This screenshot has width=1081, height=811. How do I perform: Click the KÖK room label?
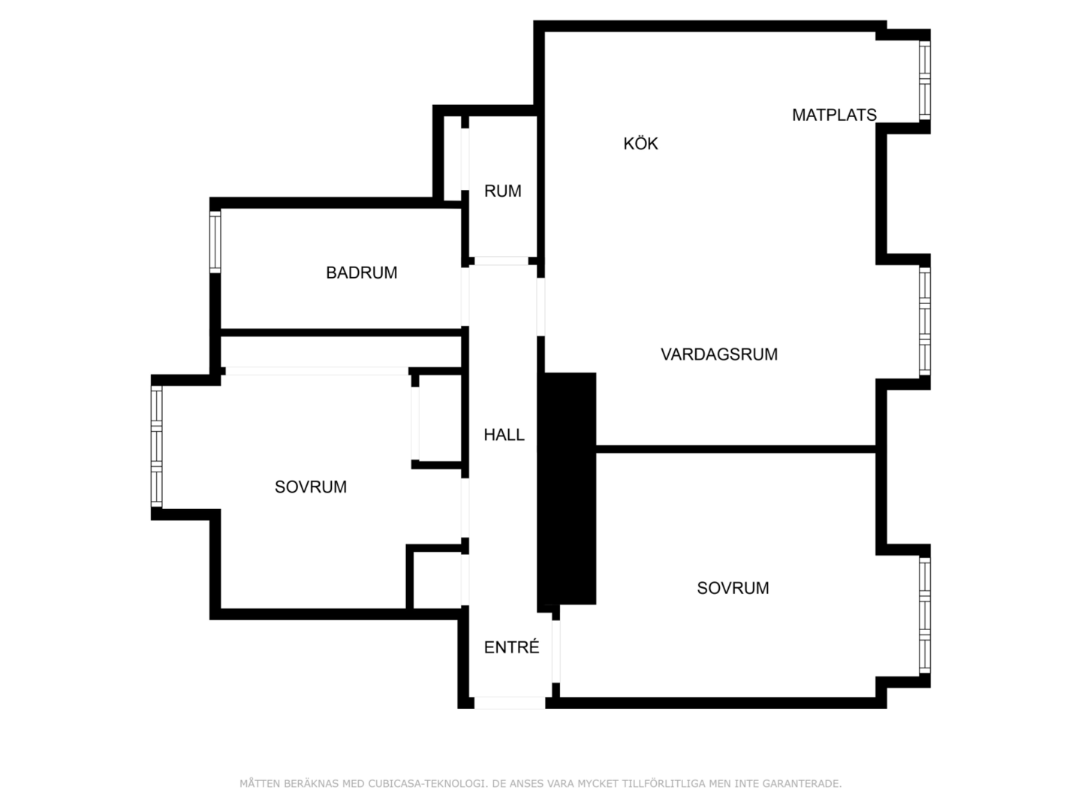click(x=640, y=143)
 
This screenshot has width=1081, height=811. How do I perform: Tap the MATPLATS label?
click(x=834, y=115)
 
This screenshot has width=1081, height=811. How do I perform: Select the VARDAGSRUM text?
click(x=718, y=354)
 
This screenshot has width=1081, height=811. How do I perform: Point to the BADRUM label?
click(x=362, y=273)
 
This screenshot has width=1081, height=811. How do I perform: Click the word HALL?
click(x=504, y=434)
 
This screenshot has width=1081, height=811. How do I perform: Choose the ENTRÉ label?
click(x=511, y=647)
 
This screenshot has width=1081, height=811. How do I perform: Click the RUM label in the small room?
click(x=502, y=191)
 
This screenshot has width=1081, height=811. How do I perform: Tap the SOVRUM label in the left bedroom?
click(x=310, y=487)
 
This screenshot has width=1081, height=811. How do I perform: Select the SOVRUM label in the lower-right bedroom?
click(x=733, y=587)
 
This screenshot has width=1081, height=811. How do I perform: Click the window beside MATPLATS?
click(x=924, y=80)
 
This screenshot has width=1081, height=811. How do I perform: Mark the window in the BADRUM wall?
click(x=215, y=241)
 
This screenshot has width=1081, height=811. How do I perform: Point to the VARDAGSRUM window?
click(x=924, y=321)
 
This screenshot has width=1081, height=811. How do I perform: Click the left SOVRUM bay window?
click(x=156, y=446)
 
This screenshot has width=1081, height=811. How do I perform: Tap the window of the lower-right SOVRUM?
click(x=924, y=615)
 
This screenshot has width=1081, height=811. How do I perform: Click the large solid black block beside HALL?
click(x=566, y=488)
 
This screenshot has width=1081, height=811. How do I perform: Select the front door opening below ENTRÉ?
click(x=510, y=703)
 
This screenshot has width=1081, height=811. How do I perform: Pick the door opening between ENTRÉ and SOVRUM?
click(x=556, y=652)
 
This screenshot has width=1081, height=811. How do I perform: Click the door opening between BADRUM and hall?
click(x=465, y=297)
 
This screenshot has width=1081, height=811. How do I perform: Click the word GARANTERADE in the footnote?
click(x=799, y=783)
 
